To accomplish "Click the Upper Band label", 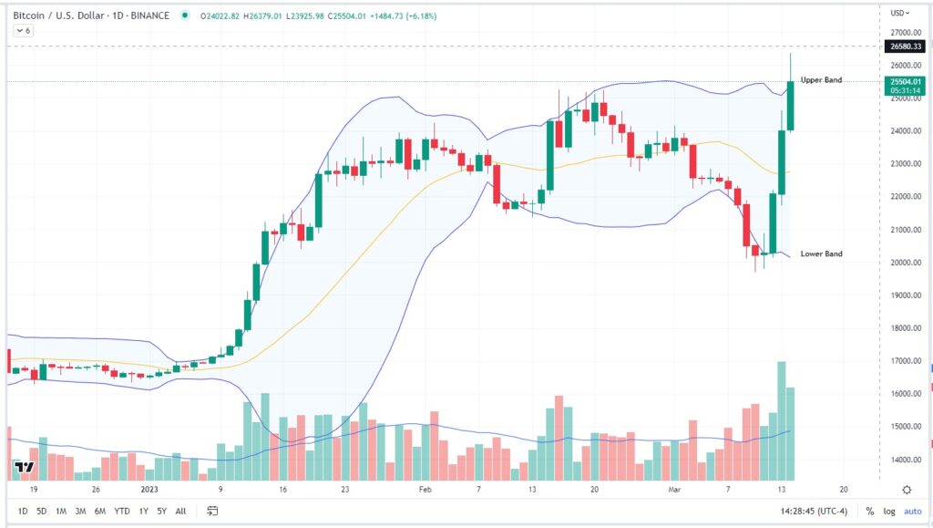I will coord(821,80).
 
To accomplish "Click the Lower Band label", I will coord(821,254).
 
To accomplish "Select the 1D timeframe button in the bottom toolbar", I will coord(22,511).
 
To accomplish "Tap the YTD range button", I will coord(121,511).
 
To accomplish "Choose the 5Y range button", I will coord(161,511).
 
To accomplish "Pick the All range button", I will coord(180,511).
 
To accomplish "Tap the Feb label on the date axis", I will coord(425,489).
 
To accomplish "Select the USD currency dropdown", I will coord(899,14).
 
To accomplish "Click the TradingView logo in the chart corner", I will coord(24,469).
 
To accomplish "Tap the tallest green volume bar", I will coord(781,420).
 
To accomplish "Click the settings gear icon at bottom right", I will coord(907,490).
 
